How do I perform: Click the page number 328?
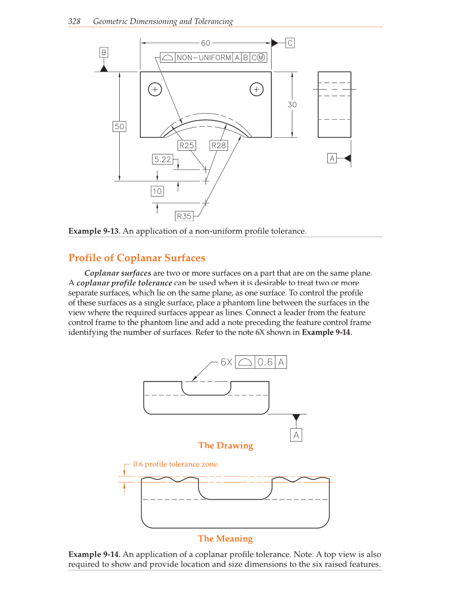pyautogui.click(x=74, y=22)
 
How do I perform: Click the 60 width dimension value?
pyautogui.click(x=205, y=43)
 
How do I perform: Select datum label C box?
pyautogui.click(x=290, y=43)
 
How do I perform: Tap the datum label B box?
pyautogui.click(x=103, y=52)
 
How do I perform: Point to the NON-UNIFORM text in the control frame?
pyautogui.click(x=204, y=58)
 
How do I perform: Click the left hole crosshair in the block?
pyautogui.click(x=155, y=89)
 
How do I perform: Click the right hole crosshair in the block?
pyautogui.click(x=256, y=89)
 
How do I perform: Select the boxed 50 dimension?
pyautogui.click(x=119, y=126)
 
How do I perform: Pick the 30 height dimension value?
pyautogui.click(x=292, y=104)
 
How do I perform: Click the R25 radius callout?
pyautogui.click(x=187, y=145)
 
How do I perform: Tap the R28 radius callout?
pyautogui.click(x=219, y=145)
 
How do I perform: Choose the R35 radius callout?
pyautogui.click(x=184, y=216)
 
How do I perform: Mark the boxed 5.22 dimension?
pyautogui.click(x=162, y=159)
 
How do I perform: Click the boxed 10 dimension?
pyautogui.click(x=157, y=191)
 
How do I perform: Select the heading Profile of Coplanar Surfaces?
pyautogui.click(x=137, y=258)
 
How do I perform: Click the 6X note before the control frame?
pyautogui.click(x=226, y=362)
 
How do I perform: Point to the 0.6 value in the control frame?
pyautogui.click(x=265, y=362)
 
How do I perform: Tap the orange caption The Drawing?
pyautogui.click(x=226, y=445)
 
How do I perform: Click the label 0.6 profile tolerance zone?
pyautogui.click(x=175, y=464)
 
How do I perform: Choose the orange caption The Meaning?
pyautogui.click(x=225, y=538)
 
